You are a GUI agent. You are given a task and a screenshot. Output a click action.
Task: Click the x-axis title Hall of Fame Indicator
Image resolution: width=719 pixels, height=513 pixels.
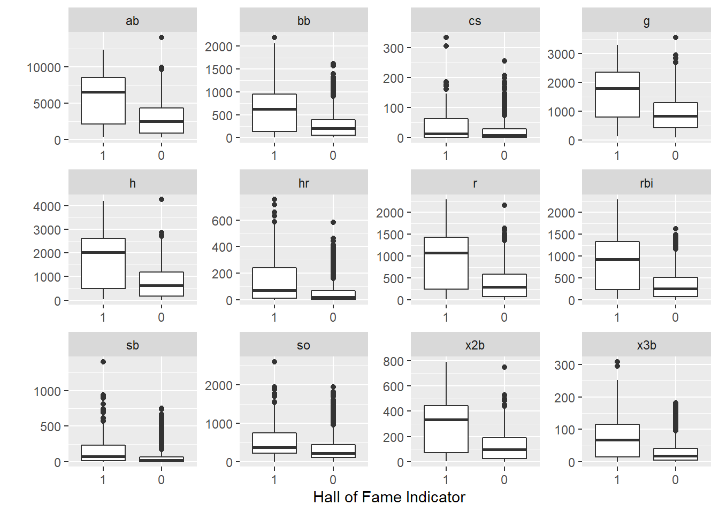click(x=389, y=498)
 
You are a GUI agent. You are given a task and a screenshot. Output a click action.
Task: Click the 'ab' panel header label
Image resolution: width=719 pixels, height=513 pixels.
click(x=132, y=21)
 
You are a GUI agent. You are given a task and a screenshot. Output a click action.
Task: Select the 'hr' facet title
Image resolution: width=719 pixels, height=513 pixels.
click(x=303, y=183)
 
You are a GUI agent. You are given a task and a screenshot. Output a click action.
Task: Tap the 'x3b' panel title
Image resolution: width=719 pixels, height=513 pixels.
click(x=646, y=345)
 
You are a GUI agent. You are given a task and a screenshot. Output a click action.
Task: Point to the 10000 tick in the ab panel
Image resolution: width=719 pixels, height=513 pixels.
click(x=44, y=68)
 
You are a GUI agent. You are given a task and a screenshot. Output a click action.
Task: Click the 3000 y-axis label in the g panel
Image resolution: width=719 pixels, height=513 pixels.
click(x=561, y=55)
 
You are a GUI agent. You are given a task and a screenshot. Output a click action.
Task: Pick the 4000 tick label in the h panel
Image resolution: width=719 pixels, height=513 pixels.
click(x=47, y=206)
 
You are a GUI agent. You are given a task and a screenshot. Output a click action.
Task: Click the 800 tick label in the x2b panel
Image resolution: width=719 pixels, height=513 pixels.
click(x=393, y=362)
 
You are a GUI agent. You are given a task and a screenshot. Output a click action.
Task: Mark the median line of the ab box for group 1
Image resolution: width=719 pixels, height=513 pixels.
click(x=103, y=92)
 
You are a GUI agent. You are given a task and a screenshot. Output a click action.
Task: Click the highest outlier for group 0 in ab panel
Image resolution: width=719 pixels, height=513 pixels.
click(x=162, y=37)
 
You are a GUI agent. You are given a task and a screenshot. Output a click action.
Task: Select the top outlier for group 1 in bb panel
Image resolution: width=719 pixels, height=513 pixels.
click(x=274, y=37)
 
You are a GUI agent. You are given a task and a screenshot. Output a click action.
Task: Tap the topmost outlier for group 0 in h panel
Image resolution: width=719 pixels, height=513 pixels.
click(x=162, y=199)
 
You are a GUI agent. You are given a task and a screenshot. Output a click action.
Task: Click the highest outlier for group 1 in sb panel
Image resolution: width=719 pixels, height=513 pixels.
click(x=103, y=362)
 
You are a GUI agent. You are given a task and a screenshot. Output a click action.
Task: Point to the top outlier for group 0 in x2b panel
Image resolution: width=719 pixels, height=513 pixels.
click(x=504, y=367)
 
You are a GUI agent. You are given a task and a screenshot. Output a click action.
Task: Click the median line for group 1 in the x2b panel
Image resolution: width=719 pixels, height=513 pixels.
click(x=446, y=419)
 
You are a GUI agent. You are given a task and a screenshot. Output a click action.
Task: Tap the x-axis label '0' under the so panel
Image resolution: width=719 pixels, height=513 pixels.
click(x=333, y=479)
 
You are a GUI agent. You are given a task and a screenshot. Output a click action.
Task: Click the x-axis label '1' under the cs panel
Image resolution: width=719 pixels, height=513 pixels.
click(x=446, y=156)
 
